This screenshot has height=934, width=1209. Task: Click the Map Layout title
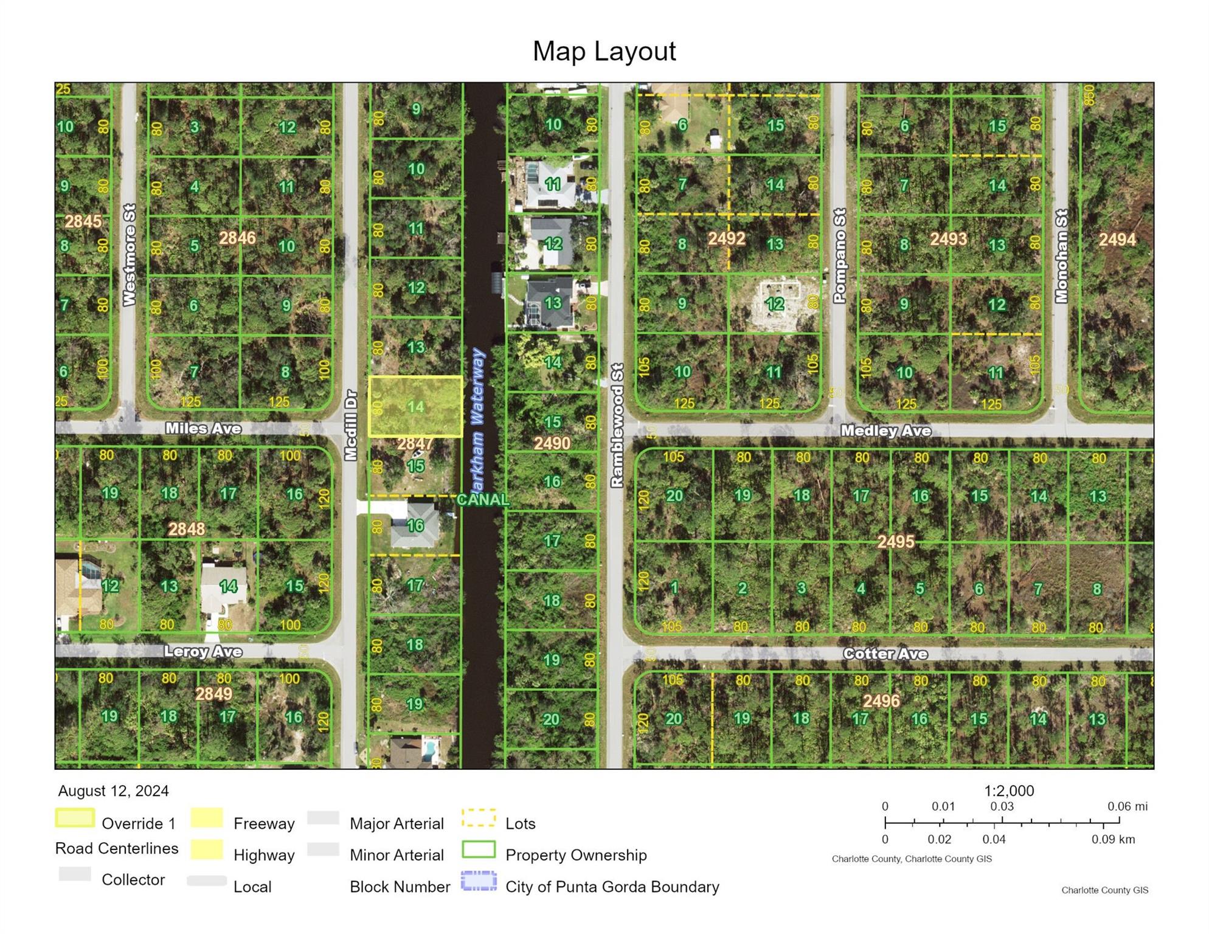(x=604, y=51)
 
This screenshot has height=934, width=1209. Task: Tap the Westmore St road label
(x=129, y=255)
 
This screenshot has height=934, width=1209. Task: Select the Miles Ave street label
(x=203, y=429)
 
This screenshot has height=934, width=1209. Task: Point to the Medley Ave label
(x=885, y=431)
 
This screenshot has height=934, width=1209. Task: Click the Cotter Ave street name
(x=885, y=654)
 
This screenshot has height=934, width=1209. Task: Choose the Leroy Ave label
(x=203, y=652)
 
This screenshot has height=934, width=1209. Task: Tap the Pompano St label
(x=839, y=256)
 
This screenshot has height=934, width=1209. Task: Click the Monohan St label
(x=1061, y=256)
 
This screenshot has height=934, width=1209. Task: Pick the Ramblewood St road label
(x=617, y=425)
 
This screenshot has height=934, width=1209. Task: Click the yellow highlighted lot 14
(x=415, y=406)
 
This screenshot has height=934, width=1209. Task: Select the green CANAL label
(x=482, y=500)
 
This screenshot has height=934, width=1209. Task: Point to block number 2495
(x=895, y=541)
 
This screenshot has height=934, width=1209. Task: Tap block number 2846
(x=237, y=238)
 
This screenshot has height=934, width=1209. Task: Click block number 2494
(x=1117, y=240)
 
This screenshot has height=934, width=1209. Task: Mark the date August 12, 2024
(x=113, y=790)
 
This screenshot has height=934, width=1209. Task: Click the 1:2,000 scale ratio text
(x=1009, y=790)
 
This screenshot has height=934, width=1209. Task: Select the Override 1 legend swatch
(x=75, y=818)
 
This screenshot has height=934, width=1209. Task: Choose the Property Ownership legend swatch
(x=479, y=849)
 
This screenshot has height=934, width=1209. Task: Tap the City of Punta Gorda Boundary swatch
(x=479, y=881)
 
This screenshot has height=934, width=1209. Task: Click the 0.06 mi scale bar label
(x=1127, y=806)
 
